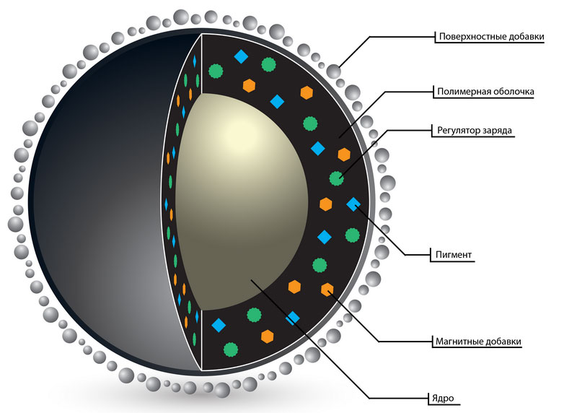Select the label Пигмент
click(x=454, y=255)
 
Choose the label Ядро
click(x=443, y=399)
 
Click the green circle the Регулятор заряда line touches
click(x=336, y=178)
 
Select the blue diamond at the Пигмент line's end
click(x=353, y=204)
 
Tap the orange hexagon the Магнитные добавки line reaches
click(x=327, y=290)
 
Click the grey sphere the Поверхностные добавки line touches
click(x=333, y=71)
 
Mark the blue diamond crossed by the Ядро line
click(x=293, y=318)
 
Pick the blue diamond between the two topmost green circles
click(x=241, y=57)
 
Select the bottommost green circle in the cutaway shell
click(x=230, y=349)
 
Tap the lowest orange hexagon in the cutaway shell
click(x=268, y=336)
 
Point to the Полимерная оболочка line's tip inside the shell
click(x=339, y=138)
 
